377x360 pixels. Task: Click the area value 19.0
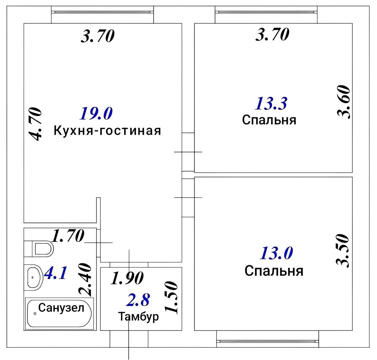coord(96,114)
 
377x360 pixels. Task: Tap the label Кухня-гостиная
coord(107,131)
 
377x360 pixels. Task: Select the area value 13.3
coord(271,103)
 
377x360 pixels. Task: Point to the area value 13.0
coord(276,254)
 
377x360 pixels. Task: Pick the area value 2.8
coord(138,300)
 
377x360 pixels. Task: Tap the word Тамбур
coord(138,317)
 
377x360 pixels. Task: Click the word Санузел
coord(61,308)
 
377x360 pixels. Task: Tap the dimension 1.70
coord(68,236)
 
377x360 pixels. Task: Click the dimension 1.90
coord(127,279)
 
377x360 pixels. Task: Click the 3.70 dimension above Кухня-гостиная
coord(98,36)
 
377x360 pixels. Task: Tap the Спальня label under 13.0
coord(274,271)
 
